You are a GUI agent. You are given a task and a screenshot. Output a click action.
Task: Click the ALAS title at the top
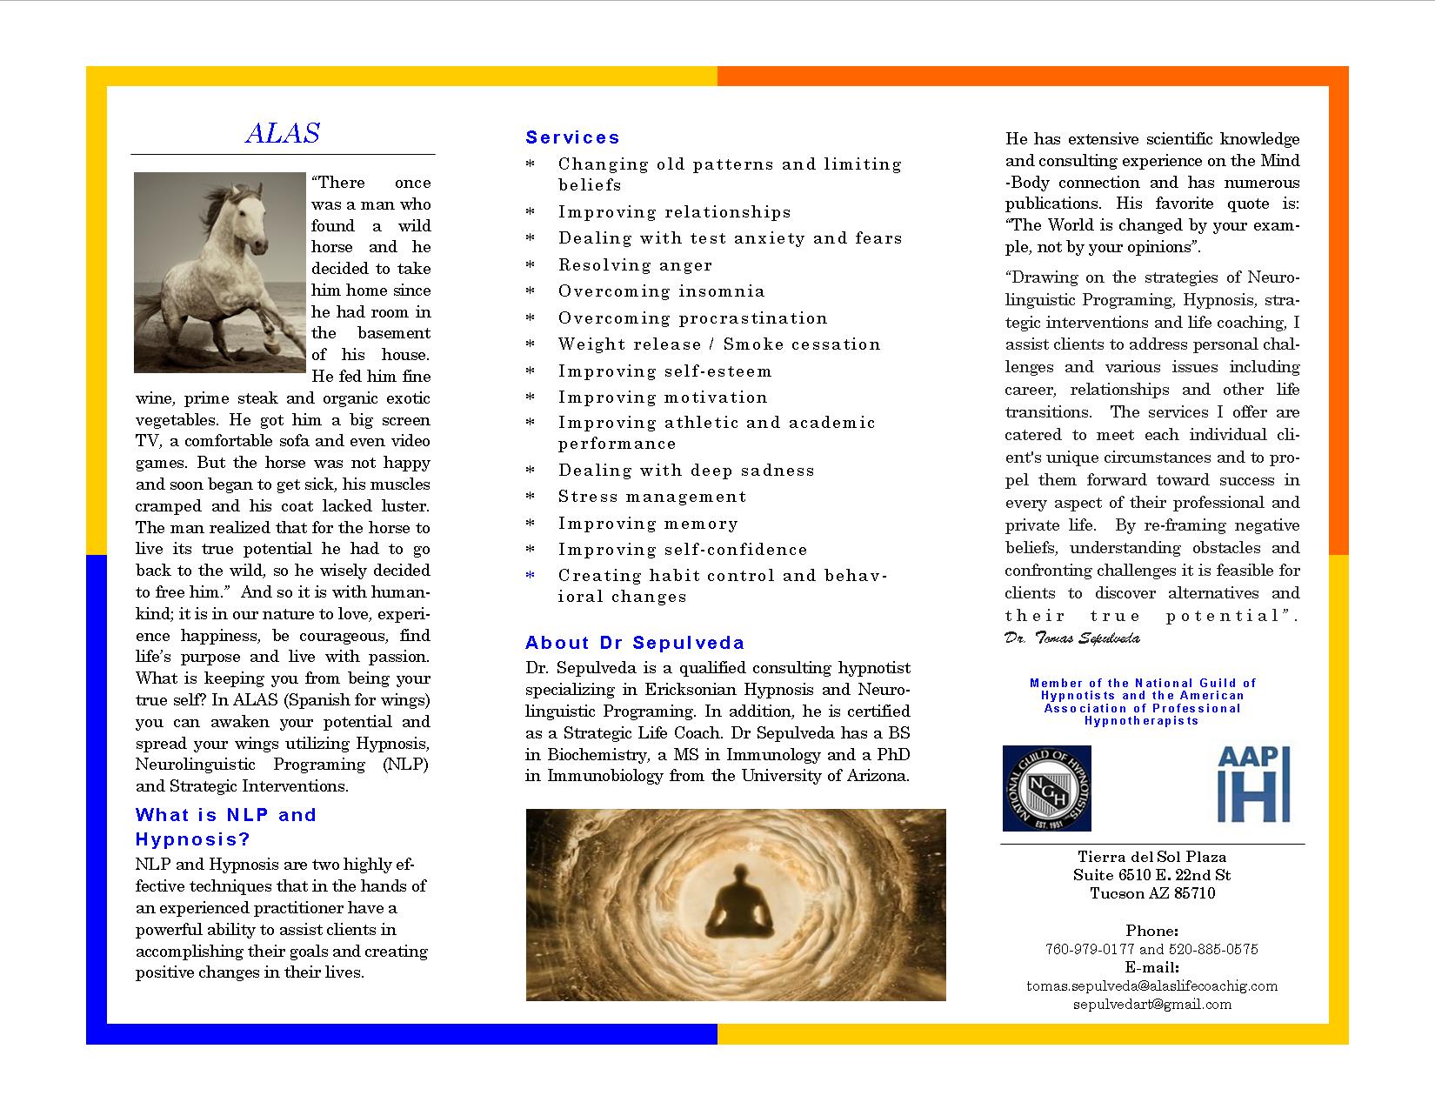coord(283,133)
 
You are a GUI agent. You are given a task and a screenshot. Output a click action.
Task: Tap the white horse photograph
coord(220,272)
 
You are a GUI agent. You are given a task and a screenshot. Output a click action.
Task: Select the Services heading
coord(572,137)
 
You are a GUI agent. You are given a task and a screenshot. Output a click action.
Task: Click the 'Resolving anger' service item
coord(635,265)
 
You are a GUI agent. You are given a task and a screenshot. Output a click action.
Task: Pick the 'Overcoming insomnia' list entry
coord(661,291)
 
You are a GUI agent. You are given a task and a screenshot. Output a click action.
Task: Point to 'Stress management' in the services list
coord(652,497)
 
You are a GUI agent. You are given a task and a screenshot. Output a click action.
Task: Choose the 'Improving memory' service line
coord(648,524)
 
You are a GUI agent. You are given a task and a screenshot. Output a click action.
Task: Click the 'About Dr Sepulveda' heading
coord(635,643)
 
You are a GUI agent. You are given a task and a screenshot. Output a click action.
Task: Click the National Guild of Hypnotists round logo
coord(1046,788)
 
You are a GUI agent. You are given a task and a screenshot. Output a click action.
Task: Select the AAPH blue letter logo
coord(1253,784)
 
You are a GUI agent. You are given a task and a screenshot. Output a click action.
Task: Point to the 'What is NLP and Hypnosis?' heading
coord(225,826)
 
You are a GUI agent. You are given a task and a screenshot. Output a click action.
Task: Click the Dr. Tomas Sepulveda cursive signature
coord(1071,638)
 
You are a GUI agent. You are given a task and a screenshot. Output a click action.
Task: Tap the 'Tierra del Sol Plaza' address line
coord(1151,857)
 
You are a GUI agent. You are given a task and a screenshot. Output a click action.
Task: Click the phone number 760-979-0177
coord(1089,949)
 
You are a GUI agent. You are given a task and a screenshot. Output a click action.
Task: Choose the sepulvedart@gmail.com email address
coord(1151,1004)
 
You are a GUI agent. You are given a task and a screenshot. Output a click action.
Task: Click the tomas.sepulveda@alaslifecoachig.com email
coord(1151,985)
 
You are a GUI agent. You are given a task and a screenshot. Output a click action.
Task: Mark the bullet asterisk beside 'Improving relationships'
coord(531,213)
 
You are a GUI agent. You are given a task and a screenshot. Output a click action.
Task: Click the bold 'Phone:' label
coord(1151,931)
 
